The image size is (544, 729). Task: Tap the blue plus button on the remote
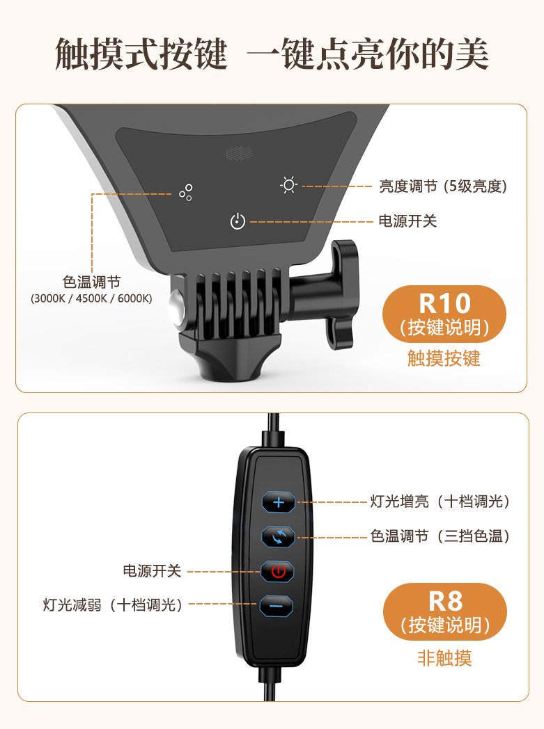[x=279, y=502]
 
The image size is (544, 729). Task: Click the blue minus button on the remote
[x=276, y=606]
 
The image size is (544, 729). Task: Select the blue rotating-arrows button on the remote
[x=279, y=537]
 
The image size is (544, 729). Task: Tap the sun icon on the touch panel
[x=288, y=185]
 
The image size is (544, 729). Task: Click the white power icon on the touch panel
[x=238, y=221]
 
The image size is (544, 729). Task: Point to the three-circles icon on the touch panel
[x=186, y=193]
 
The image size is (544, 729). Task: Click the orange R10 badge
[x=444, y=314]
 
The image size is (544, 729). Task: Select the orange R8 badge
[x=445, y=612]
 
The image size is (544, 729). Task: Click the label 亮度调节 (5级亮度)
[x=442, y=186]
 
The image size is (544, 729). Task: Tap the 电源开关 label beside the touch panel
[x=407, y=221]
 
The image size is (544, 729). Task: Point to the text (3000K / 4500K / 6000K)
[x=91, y=298]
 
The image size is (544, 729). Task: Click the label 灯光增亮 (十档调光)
[x=440, y=502]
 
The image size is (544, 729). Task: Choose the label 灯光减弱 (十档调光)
[x=112, y=605]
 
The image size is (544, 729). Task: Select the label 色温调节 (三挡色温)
[x=440, y=536]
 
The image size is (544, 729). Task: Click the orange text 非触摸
[x=444, y=658]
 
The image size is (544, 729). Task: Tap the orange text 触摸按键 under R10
[x=444, y=358]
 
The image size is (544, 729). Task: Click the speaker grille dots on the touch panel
[x=239, y=153]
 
